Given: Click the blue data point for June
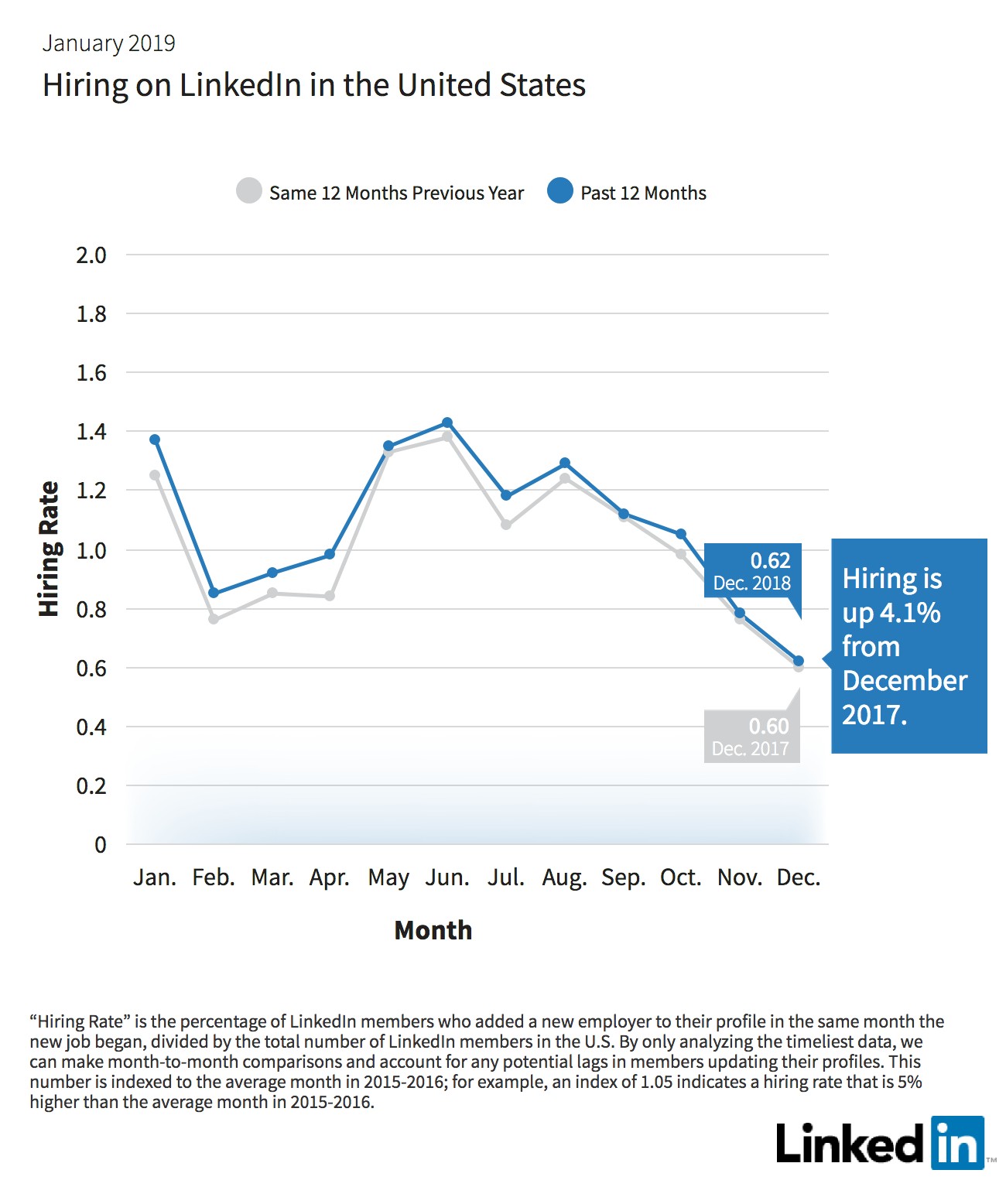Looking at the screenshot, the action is [x=447, y=423].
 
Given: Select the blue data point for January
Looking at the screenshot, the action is [x=155, y=440].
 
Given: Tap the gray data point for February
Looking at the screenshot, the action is [x=214, y=619].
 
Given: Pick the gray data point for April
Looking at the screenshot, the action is [x=330, y=596].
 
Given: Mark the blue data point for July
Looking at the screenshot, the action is [x=506, y=495].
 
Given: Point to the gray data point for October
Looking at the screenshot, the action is [x=681, y=554].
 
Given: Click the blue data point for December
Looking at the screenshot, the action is [x=798, y=661].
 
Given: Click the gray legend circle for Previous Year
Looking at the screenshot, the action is [x=249, y=190].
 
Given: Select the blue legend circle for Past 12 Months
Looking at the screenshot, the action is [x=559, y=190].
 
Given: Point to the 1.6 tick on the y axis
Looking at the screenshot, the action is [x=91, y=374].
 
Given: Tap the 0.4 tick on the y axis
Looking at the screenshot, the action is [x=91, y=727].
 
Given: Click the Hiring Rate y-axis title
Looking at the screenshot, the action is [x=49, y=549].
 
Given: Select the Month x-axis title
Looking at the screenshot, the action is [x=433, y=930].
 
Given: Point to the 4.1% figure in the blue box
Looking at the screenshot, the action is [x=909, y=613].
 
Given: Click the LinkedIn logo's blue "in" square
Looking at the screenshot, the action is [x=958, y=1143].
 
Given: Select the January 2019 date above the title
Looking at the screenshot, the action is [x=108, y=43].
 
